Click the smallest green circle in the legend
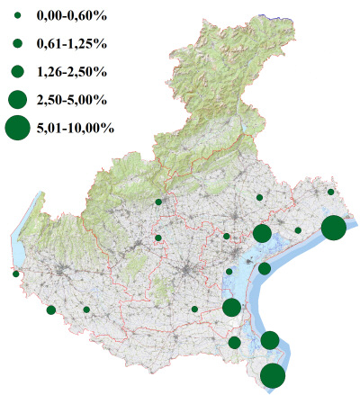click(x=17, y=16)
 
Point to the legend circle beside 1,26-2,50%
click(x=17, y=70)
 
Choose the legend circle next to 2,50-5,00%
click(x=17, y=98)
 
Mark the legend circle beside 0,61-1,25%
click(x=17, y=43)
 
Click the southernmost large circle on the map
click(x=273, y=376)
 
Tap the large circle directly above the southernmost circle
click(x=270, y=340)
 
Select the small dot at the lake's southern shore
click(x=16, y=274)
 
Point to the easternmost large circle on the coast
click(x=333, y=228)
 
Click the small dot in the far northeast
click(x=331, y=192)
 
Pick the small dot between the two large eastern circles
click(x=298, y=230)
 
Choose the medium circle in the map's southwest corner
click(x=50, y=310)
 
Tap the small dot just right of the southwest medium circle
click(x=86, y=310)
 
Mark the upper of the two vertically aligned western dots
click(x=158, y=202)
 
